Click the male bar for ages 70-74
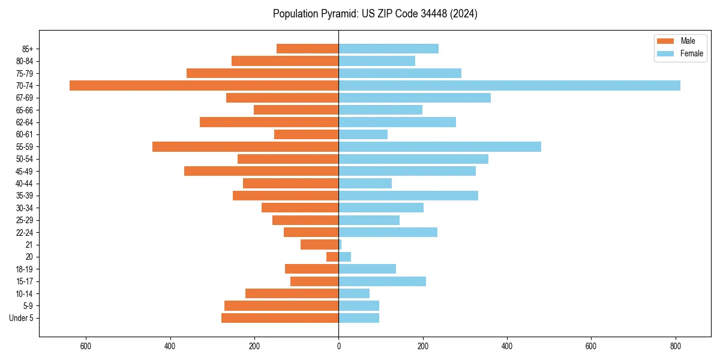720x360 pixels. tap(204, 85)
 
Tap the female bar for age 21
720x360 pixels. tap(340, 244)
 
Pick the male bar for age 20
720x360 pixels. tap(332, 257)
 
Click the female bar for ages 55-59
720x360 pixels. tap(440, 146)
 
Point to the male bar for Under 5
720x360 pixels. tap(280, 318)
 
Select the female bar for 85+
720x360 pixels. tap(388, 49)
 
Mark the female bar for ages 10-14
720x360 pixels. tap(354, 293)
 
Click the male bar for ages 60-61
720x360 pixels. tap(306, 134)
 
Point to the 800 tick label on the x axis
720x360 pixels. tap(676, 346)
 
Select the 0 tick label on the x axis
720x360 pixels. tap(338, 346)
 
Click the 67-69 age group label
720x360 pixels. tap(24, 98)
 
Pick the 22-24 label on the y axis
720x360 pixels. tap(24, 232)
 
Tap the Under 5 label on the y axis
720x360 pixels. tap(21, 318)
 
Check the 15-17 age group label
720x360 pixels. tap(24, 281)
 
